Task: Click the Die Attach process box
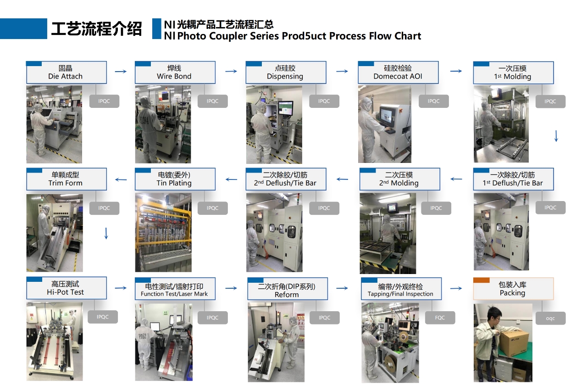66,73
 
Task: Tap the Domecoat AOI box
398,73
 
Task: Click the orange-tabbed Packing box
513,289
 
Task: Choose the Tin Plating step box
175,179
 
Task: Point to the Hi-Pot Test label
66,288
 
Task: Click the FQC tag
440,318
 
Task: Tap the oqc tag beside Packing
551,318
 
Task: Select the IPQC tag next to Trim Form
104,208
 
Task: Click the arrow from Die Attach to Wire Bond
121,71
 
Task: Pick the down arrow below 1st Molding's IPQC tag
556,136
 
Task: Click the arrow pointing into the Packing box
456,289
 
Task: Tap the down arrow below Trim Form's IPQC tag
106,234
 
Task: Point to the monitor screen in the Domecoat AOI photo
387,116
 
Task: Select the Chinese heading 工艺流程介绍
96,28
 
